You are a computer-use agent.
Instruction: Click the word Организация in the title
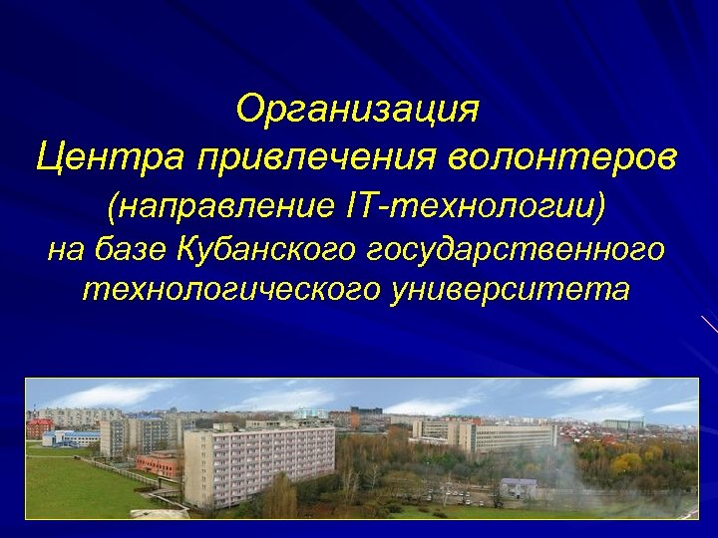pyautogui.click(x=358, y=110)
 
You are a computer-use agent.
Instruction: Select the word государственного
pyautogui.click(x=518, y=251)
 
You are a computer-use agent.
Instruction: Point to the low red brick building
pyautogui.click(x=160, y=465)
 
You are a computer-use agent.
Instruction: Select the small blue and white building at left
pyautogui.click(x=70, y=438)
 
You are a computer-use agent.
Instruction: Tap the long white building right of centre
pyautogui.click(x=514, y=437)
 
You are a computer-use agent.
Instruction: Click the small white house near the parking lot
pyautogui.click(x=519, y=488)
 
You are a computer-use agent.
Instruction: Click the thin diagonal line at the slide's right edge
pyautogui.click(x=709, y=324)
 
